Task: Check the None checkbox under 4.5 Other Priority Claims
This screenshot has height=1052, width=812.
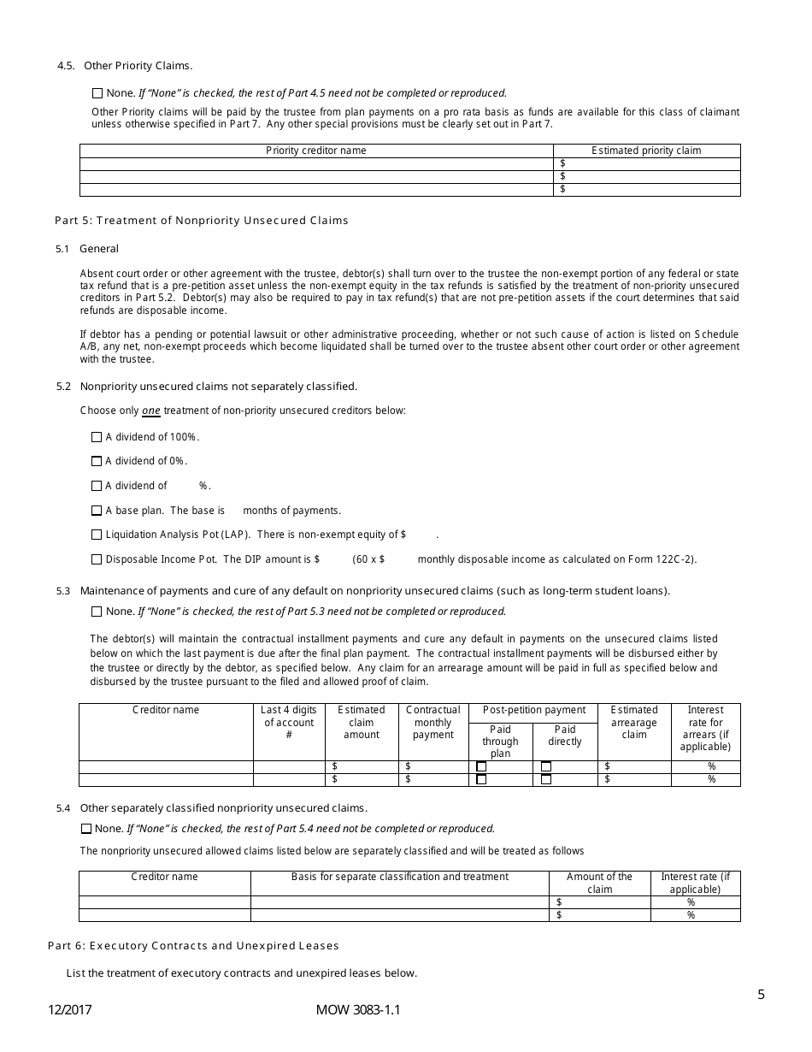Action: point(97,93)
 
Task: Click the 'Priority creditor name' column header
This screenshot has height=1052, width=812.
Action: point(315,151)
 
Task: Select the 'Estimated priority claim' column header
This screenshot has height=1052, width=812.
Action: point(646,151)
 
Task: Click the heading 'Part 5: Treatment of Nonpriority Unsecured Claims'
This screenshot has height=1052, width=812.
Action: point(202,221)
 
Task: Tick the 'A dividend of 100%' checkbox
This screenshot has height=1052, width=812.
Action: point(97,437)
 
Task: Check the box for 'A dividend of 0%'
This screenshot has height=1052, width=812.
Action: point(97,462)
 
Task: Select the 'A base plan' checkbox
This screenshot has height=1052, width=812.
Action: point(97,511)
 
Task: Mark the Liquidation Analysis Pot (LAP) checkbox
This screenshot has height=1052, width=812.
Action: point(97,535)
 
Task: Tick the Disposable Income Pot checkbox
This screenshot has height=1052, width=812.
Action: point(97,560)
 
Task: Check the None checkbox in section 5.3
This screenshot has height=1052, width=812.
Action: point(97,612)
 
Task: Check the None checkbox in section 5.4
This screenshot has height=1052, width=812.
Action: point(86,829)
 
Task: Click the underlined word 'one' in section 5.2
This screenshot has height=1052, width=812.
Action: point(150,411)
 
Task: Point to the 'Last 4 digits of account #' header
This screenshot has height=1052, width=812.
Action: point(289,723)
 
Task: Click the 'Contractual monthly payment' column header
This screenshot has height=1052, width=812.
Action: point(432,723)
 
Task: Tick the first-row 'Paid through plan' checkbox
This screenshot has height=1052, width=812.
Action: point(481,766)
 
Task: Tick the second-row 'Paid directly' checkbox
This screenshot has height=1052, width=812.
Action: point(546,779)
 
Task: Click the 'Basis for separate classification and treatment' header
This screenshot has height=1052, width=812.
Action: point(399,877)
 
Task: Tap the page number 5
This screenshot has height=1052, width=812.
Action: point(761,994)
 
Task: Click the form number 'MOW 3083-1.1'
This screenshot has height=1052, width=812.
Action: point(358,1010)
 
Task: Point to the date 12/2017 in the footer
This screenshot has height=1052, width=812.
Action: point(70,1010)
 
